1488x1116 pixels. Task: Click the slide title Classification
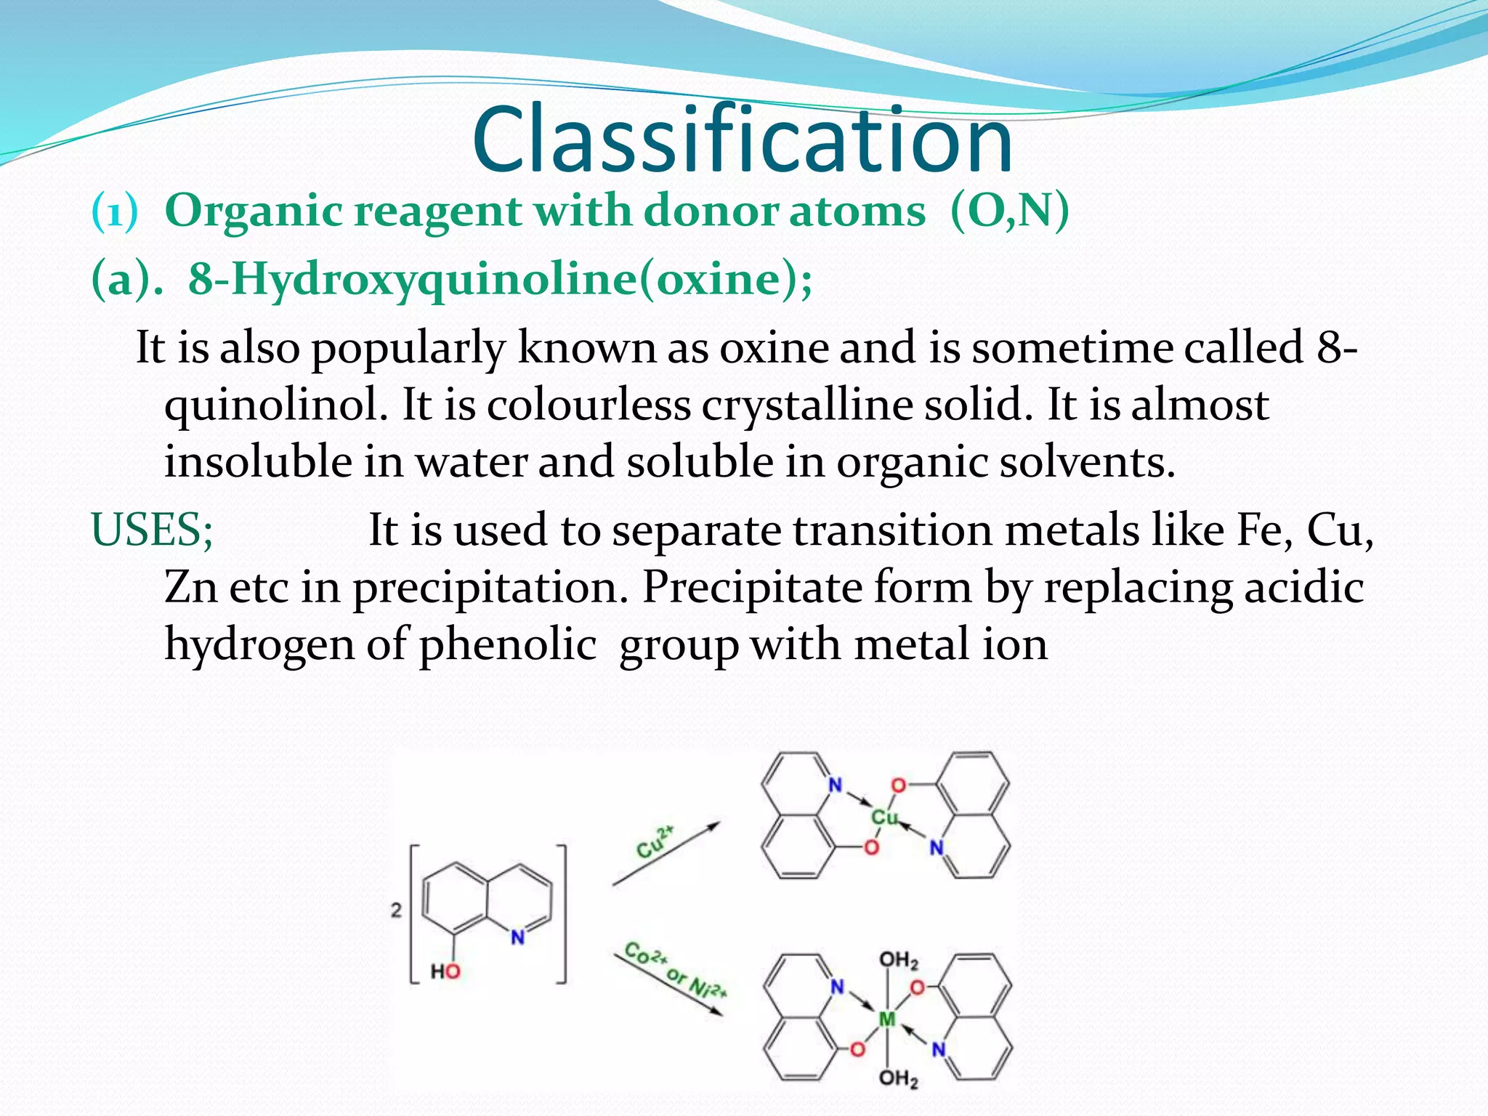coord(742,139)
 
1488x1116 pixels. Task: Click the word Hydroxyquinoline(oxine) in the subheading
coord(500,279)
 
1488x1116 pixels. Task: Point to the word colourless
coord(589,405)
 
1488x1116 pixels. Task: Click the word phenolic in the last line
coord(508,644)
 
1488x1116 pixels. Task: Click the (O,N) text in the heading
coord(1009,211)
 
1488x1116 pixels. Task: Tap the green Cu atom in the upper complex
coord(884,817)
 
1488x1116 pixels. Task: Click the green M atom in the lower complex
coord(887,1019)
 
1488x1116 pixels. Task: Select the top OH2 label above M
coord(899,961)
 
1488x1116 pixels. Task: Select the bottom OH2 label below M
coord(899,1078)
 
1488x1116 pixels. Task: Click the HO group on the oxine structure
coord(445,971)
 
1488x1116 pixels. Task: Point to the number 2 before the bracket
coord(396,910)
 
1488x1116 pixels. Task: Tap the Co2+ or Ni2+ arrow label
coord(675,971)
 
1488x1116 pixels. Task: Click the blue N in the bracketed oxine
coord(517,937)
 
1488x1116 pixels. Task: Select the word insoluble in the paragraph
coord(258,462)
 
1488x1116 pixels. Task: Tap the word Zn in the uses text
coord(190,587)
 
